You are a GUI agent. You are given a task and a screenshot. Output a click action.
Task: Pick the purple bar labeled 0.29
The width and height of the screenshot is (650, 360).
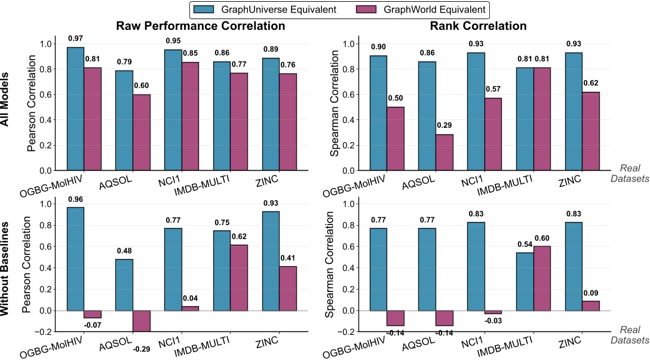click(444, 152)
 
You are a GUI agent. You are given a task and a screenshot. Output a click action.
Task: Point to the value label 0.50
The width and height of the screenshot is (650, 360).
click(395, 98)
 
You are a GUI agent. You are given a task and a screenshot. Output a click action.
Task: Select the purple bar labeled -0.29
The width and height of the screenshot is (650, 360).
click(142, 321)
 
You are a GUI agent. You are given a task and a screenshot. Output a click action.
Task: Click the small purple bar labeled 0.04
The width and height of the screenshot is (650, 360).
click(190, 308)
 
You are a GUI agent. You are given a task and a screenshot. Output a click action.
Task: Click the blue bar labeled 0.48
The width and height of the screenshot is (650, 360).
click(124, 285)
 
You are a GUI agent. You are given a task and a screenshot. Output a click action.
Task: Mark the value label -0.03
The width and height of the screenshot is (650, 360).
click(492, 322)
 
